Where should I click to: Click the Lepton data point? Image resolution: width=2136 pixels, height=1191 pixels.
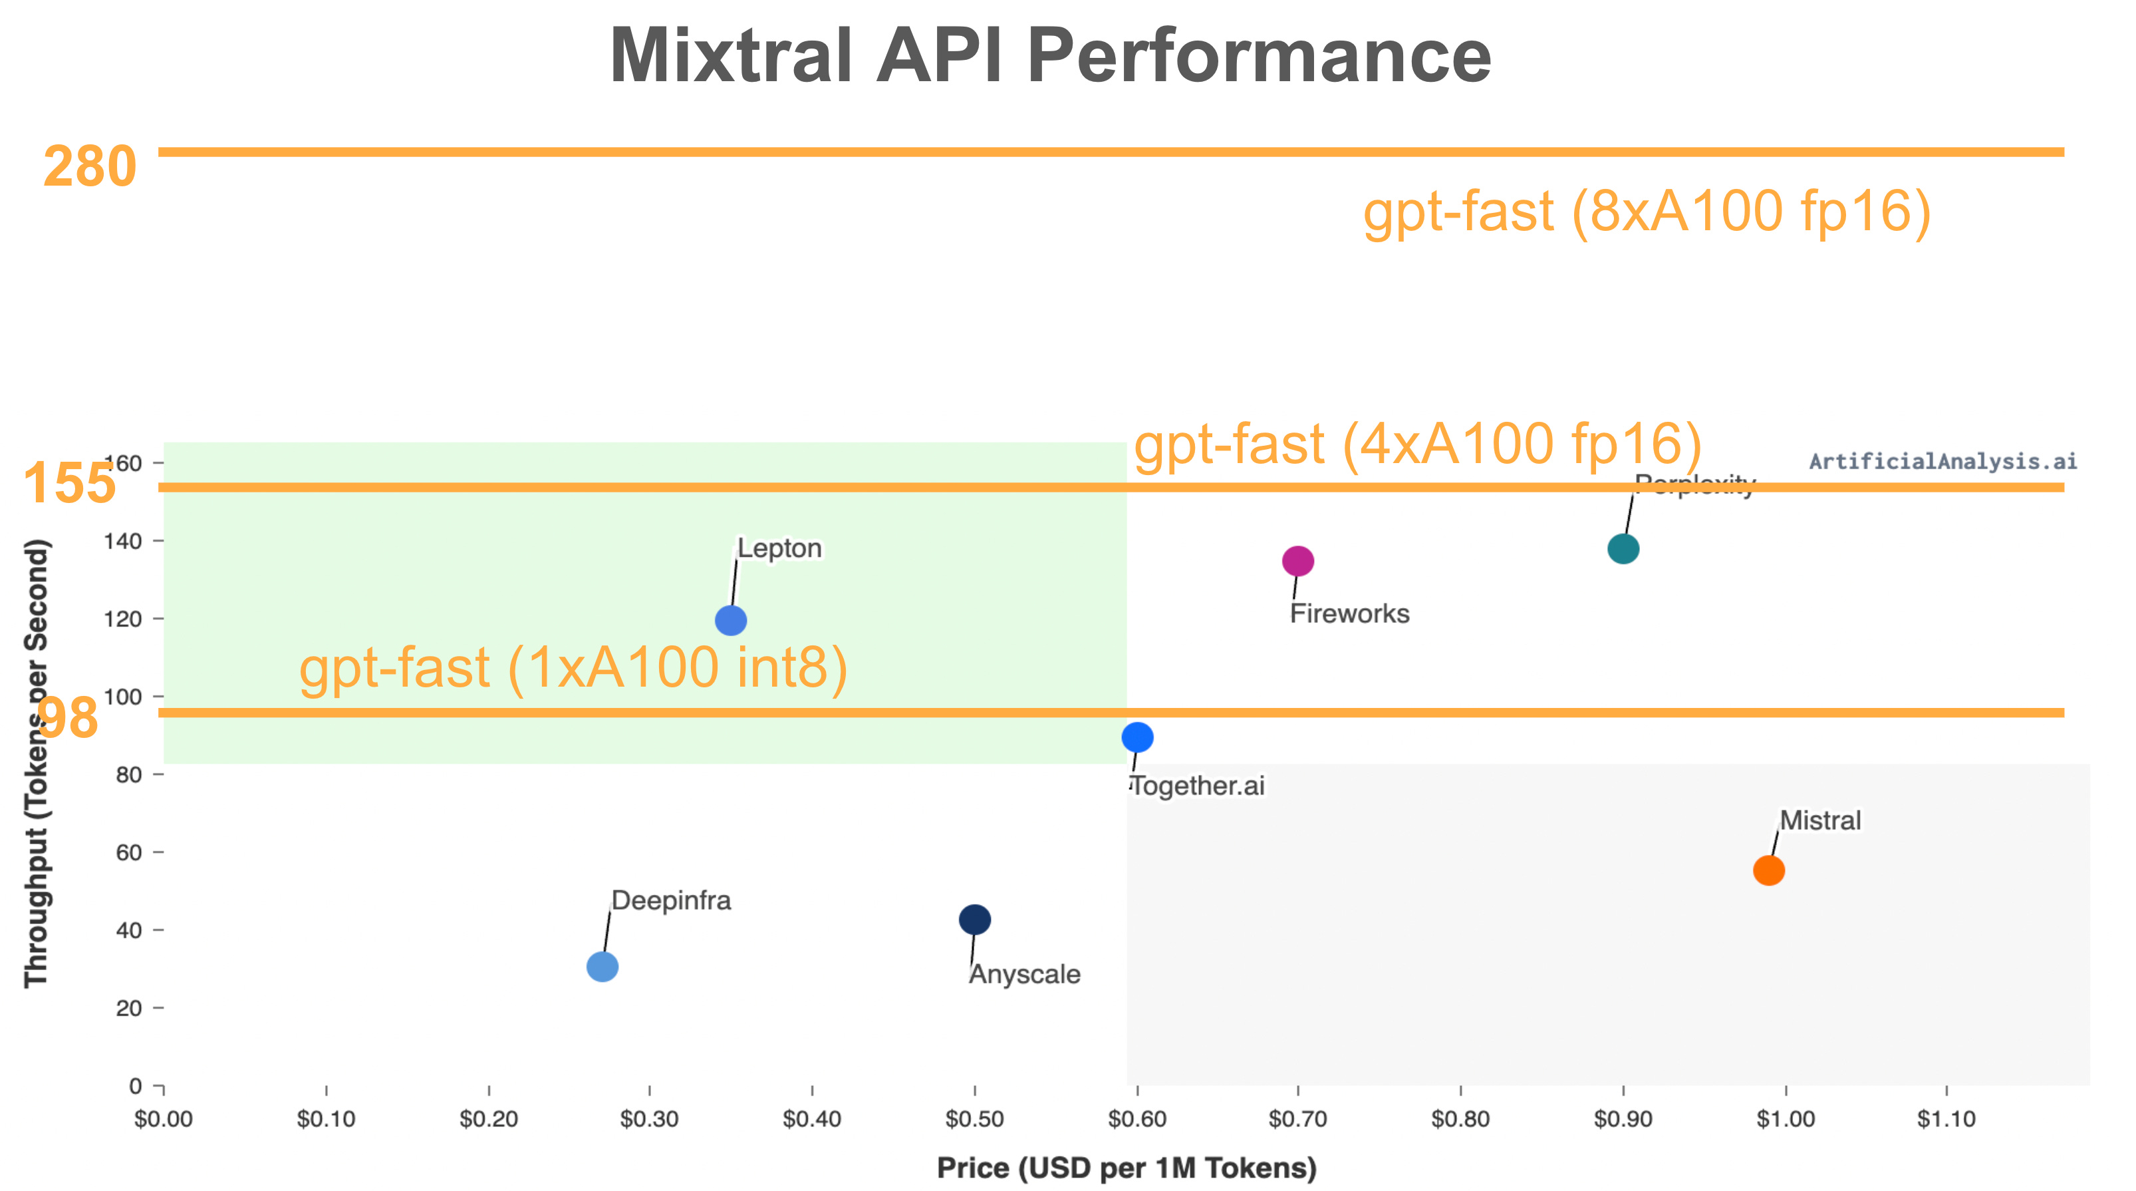coord(731,620)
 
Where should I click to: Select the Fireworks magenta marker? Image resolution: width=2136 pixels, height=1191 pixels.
coord(1297,562)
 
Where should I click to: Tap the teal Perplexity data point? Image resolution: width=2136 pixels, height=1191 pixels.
coord(1623,549)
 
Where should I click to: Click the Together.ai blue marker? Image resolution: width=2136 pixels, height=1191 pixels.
coord(1136,737)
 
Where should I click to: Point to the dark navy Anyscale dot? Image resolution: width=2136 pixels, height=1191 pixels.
coord(974,919)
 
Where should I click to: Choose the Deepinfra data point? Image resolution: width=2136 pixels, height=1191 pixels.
coord(602,967)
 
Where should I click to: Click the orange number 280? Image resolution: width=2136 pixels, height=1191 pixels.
coord(90,167)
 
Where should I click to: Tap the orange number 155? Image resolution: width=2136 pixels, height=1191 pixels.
coord(70,484)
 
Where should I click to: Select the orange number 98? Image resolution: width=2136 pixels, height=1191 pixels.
coord(68,717)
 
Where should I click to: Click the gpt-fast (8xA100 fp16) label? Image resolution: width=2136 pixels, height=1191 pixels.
coord(1647,212)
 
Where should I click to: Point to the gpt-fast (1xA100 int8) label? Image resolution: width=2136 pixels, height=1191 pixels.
coord(573,669)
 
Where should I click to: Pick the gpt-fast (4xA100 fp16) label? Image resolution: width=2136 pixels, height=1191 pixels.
coord(1418,444)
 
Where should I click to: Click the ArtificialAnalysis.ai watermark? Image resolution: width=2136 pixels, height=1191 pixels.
coord(1942,461)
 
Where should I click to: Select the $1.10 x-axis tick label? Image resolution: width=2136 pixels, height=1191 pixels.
coord(1946,1119)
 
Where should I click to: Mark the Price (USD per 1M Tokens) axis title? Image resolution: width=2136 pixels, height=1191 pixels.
coord(1126,1168)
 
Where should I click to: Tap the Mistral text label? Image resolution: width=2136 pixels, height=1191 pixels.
coord(1820,820)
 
